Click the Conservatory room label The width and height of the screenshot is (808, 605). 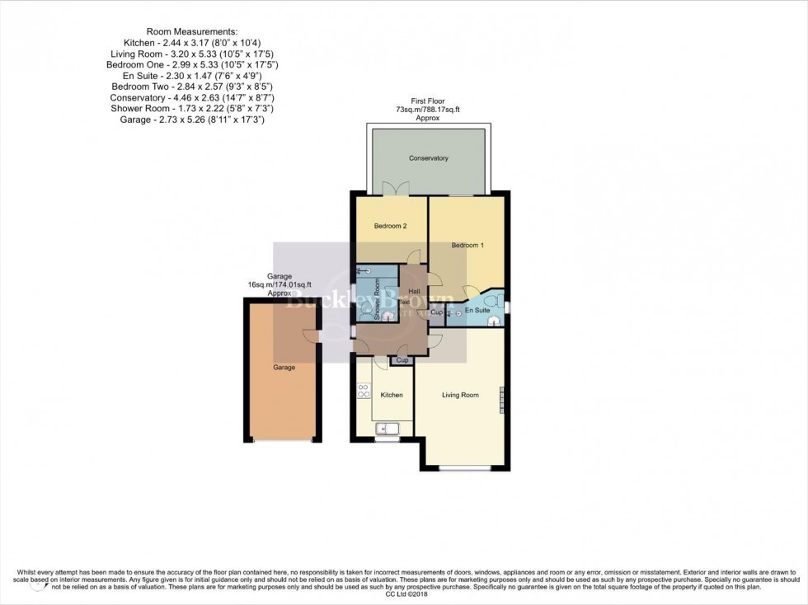(428, 158)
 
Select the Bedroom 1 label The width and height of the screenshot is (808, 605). (467, 246)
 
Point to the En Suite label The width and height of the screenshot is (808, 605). (477, 311)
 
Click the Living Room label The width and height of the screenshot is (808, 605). (460, 396)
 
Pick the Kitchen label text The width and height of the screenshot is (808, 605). (392, 396)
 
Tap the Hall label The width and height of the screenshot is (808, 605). (415, 292)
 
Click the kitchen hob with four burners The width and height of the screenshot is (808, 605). (363, 392)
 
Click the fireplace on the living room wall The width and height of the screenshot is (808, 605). (500, 399)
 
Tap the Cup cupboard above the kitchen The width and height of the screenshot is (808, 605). (402, 360)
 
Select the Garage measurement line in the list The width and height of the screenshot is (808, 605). (191, 120)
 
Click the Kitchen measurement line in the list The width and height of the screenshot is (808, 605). (191, 41)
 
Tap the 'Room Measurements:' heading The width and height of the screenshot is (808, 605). (191, 30)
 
